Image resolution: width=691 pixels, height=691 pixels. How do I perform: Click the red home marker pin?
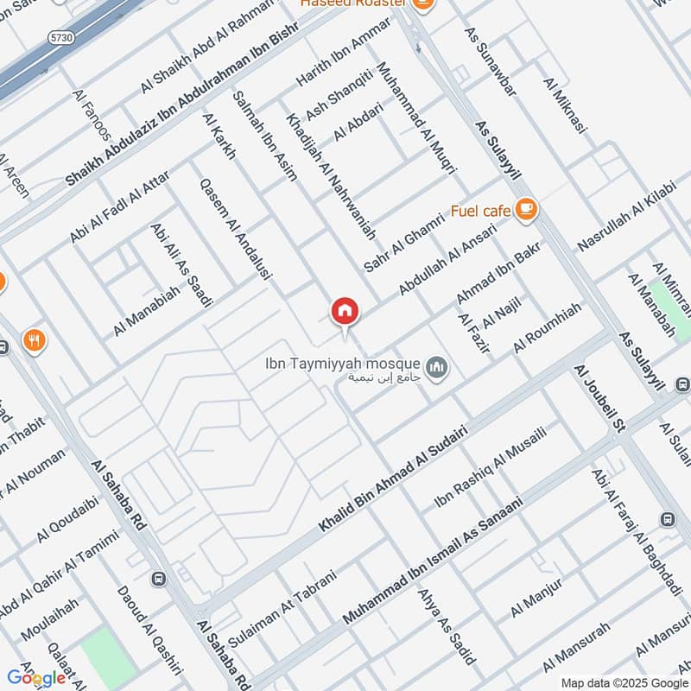[345, 311]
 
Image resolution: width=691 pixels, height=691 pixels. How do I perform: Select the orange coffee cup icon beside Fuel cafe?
[526, 208]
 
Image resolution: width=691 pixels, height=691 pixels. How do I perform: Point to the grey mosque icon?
[438, 367]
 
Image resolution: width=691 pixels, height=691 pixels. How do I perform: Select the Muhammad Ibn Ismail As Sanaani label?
[434, 561]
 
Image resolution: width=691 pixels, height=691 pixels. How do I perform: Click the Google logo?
[36, 678]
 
